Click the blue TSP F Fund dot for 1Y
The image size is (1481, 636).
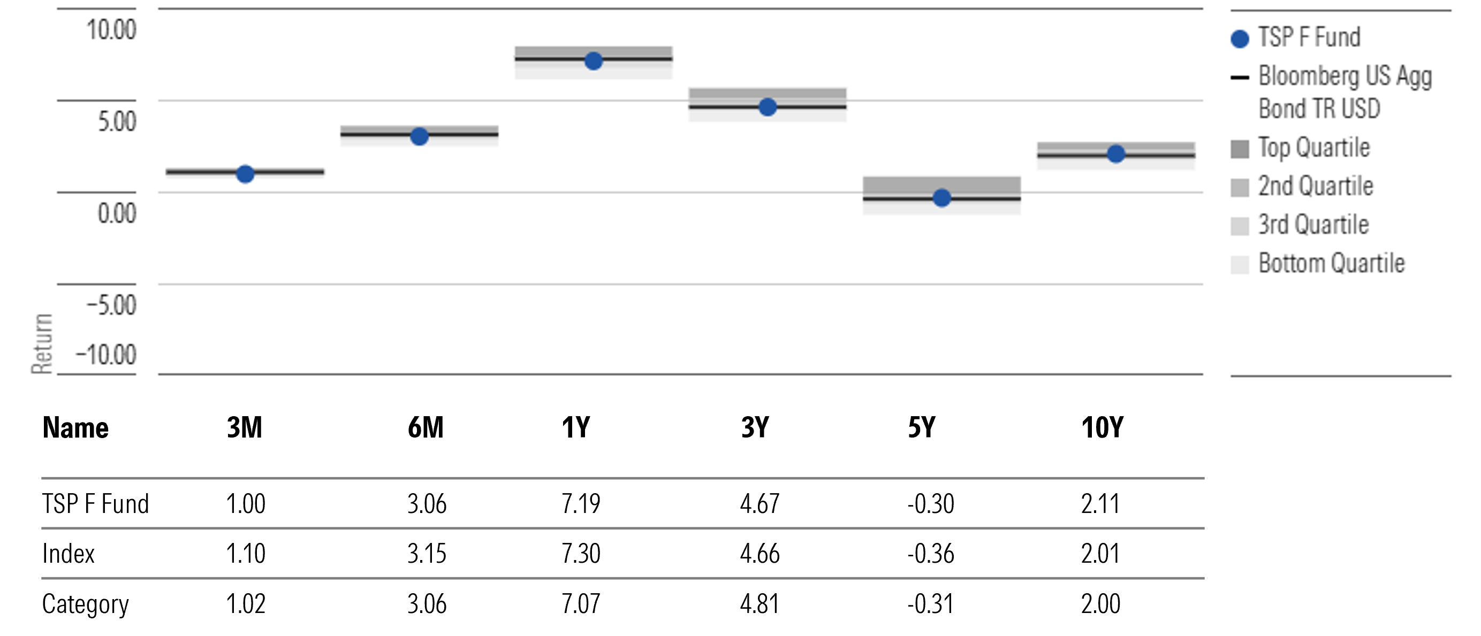coord(594,61)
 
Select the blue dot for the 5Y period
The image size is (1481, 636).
coord(941,198)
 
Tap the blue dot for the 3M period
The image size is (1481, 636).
coord(246,174)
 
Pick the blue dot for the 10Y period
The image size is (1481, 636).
coord(1116,154)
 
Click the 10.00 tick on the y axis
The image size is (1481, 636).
coord(111,30)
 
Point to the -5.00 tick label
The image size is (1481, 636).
coord(111,305)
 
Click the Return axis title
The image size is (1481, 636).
coord(42,343)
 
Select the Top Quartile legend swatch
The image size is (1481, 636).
coord(1240,149)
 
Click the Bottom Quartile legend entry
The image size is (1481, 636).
coord(1331,263)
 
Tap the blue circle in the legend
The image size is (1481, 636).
coord(1240,39)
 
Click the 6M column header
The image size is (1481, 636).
coord(426,427)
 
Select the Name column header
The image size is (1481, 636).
coord(75,428)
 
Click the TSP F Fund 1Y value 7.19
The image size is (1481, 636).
coord(581,504)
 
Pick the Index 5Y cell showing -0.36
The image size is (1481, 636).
coord(930,554)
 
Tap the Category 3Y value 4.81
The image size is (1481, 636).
coord(760,604)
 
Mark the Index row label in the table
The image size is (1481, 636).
coord(69,554)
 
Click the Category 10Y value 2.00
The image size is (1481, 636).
coord(1100,604)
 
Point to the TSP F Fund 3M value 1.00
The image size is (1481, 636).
coord(246,504)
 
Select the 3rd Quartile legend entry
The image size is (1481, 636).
coord(1313,225)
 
